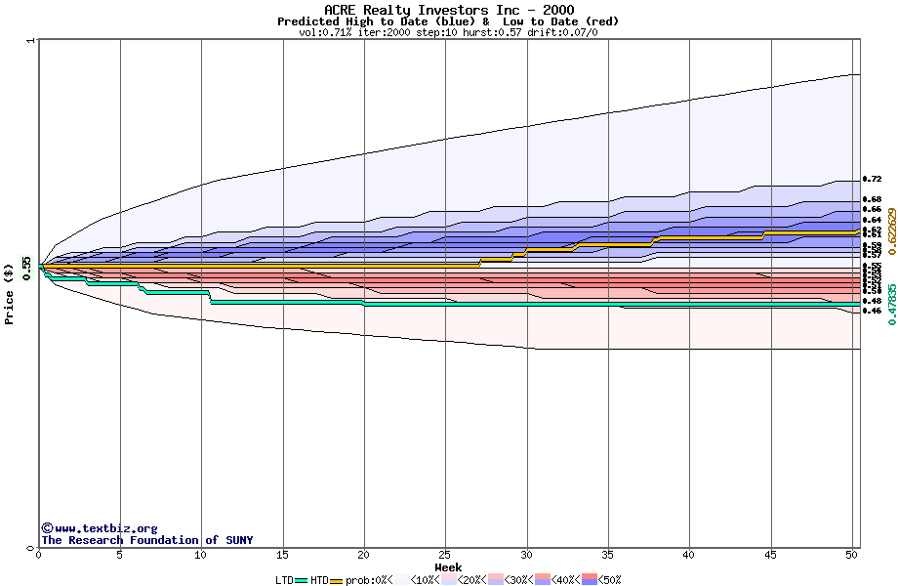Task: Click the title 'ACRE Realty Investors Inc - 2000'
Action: (x=448, y=10)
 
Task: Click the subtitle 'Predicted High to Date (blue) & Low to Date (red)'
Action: (x=448, y=21)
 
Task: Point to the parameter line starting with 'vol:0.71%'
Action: (x=448, y=32)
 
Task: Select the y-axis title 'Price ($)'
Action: (x=10, y=294)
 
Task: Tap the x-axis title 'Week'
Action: (x=448, y=567)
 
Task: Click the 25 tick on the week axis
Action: (x=445, y=555)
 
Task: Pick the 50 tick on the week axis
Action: (x=851, y=555)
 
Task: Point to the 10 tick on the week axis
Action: (x=201, y=555)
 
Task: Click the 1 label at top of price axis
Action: (x=30, y=41)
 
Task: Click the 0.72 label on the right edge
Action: (x=873, y=180)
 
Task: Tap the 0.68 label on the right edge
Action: (x=873, y=199)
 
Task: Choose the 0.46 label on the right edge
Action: (x=873, y=311)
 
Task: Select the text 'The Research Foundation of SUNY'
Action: (x=146, y=540)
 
